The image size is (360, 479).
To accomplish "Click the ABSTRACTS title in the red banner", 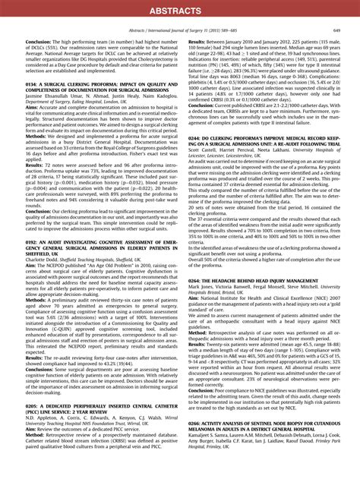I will point(179,10).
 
